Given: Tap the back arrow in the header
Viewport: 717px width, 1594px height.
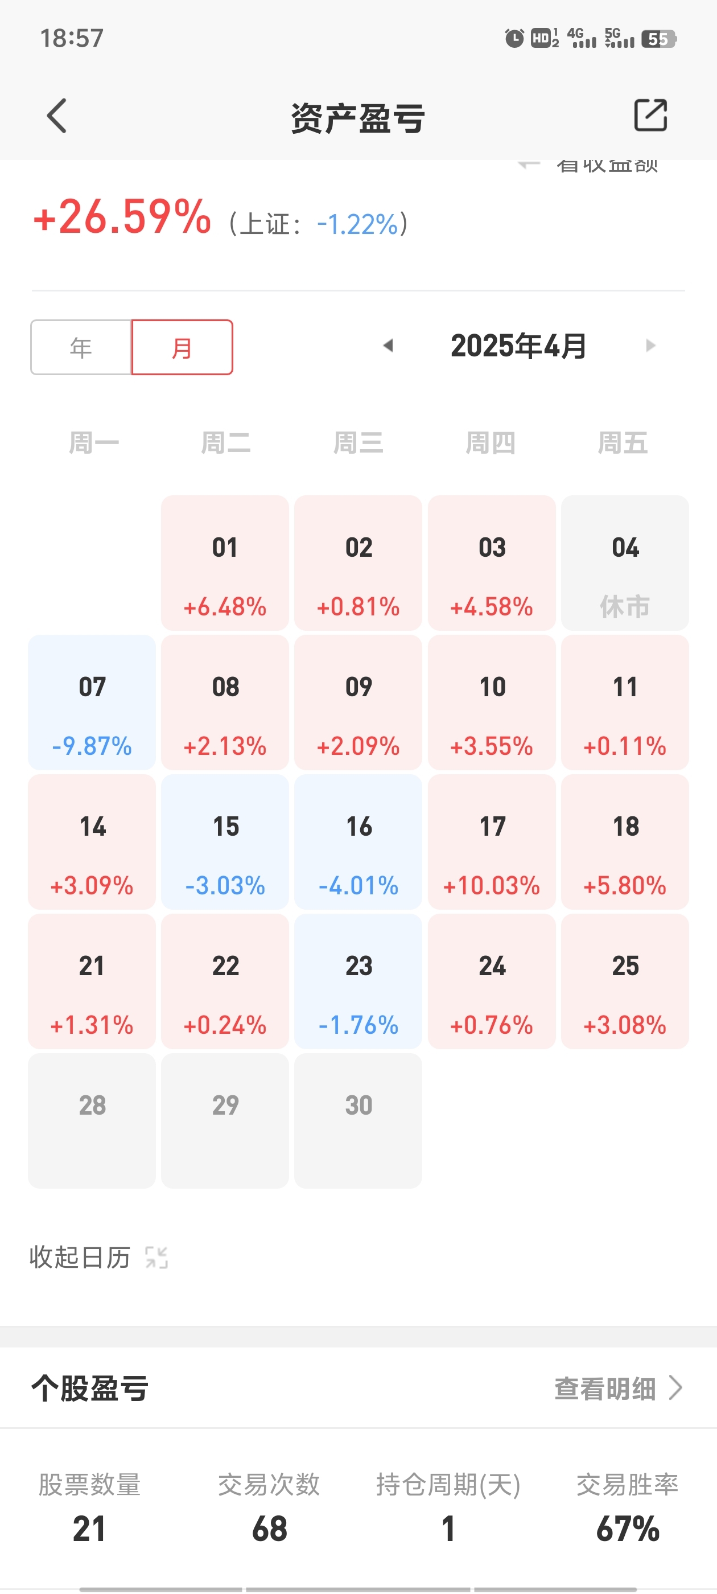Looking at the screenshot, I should (x=57, y=116).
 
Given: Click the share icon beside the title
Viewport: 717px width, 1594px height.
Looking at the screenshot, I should (x=650, y=115).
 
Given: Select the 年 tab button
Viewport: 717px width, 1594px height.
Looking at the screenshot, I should (x=81, y=347).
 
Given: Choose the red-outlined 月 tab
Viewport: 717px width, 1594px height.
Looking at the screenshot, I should (x=182, y=347).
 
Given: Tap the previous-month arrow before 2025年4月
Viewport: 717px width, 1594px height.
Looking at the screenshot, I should (x=389, y=346).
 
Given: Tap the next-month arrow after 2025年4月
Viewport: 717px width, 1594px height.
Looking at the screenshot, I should (x=650, y=346).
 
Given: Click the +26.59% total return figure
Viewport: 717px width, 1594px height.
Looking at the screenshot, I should (x=122, y=217).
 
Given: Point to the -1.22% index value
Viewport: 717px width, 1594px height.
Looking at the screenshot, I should (x=357, y=224).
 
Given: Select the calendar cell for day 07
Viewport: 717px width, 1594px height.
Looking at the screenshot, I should (x=92, y=702).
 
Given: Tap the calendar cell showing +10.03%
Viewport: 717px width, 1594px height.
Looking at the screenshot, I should (x=492, y=841).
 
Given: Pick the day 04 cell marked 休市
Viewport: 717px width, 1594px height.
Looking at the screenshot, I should (x=625, y=563).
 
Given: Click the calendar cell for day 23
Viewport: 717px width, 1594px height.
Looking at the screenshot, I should (x=358, y=981).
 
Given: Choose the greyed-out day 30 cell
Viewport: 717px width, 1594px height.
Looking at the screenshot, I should (x=358, y=1120).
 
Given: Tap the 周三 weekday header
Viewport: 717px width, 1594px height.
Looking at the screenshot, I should (x=358, y=443).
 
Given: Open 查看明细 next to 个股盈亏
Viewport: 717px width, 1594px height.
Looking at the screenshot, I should (x=617, y=1388).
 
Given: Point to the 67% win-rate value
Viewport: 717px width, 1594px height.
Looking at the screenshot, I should (x=627, y=1529).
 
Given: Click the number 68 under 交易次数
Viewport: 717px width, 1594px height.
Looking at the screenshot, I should (x=269, y=1529).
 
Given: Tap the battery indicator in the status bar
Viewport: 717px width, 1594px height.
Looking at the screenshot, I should (x=659, y=39).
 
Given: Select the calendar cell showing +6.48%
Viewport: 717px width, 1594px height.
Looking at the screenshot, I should (x=225, y=563).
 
